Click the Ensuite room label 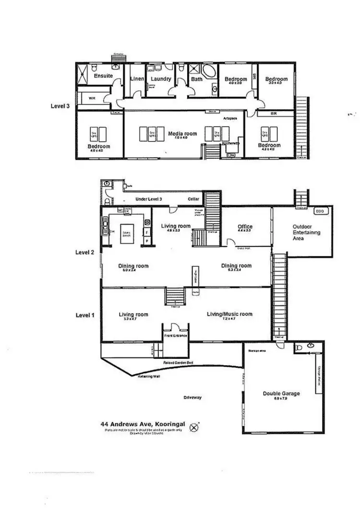(103, 76)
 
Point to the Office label (245, 227)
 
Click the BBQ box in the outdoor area (319, 211)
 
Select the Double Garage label (281, 393)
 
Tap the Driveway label (192, 397)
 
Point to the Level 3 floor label (61, 106)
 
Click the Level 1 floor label (86, 315)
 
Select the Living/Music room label (229, 314)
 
